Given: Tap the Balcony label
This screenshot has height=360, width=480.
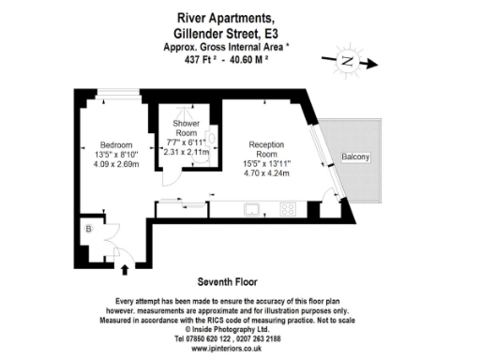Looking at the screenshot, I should [x=355, y=156].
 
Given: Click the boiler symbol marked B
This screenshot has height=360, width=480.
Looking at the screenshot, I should [x=89, y=228].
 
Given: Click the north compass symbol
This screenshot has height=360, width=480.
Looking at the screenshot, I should [x=345, y=63].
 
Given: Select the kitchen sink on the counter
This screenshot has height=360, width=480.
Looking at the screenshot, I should [x=252, y=208].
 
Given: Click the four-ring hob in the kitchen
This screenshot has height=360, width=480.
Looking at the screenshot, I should [x=287, y=208].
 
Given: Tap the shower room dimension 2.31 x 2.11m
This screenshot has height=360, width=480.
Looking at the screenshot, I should [x=184, y=150].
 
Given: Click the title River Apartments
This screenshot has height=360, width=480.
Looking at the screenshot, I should [x=239, y=16].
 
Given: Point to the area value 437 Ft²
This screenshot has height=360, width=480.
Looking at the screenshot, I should [x=209, y=59].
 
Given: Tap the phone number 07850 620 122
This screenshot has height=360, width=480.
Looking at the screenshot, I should [x=214, y=338].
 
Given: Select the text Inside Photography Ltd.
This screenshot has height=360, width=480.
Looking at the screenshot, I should [x=243, y=329].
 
